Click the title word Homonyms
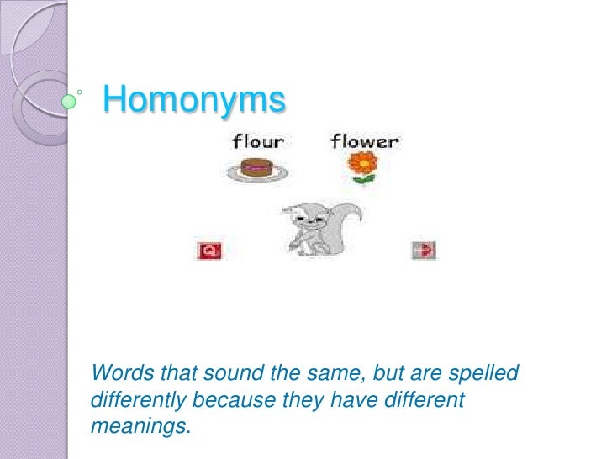194,101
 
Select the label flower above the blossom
364,141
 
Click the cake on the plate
256,169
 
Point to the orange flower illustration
362,164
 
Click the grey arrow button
425,250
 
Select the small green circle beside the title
70,103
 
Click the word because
240,399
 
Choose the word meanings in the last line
138,426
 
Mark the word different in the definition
419,399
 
